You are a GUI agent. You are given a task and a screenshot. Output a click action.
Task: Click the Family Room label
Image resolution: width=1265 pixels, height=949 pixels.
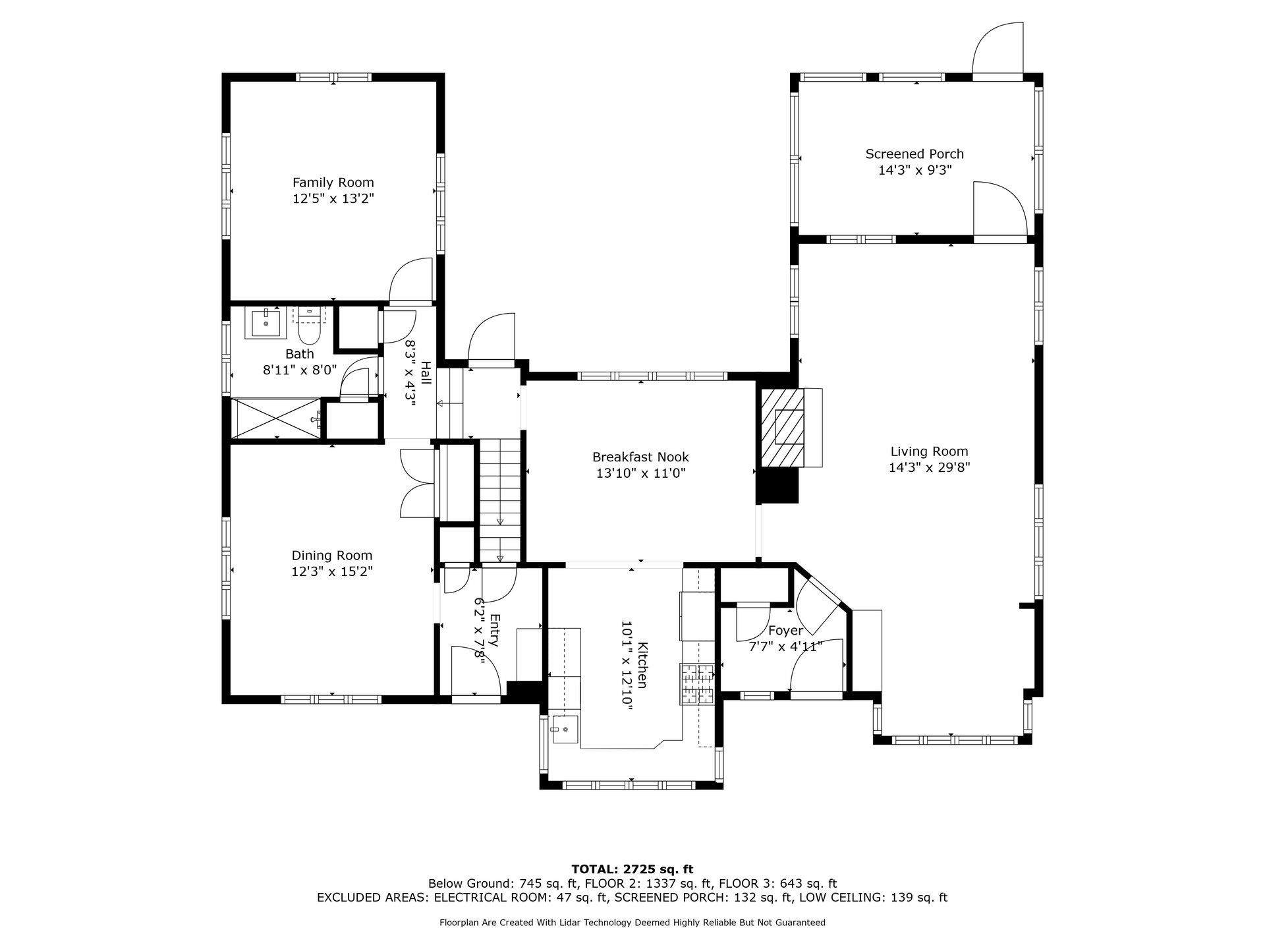(x=333, y=183)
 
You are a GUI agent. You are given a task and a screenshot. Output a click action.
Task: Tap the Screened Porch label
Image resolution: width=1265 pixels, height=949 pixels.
(x=914, y=154)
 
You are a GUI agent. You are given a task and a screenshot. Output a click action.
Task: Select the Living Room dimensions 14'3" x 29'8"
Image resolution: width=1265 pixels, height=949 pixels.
(x=929, y=467)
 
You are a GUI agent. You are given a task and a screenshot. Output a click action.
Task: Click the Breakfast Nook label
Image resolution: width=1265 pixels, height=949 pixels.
(x=640, y=457)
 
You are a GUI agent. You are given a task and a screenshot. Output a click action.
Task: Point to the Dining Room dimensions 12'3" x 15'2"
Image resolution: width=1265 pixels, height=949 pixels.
(x=332, y=571)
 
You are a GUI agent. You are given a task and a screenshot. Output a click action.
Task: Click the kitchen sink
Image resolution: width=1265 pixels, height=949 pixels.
(x=565, y=730)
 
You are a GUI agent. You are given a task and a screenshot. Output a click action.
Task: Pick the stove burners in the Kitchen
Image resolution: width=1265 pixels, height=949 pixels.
(x=697, y=684)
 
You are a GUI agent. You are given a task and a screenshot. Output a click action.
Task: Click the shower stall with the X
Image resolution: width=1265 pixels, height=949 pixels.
(x=277, y=417)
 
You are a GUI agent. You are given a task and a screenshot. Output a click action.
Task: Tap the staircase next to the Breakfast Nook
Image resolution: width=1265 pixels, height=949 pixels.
(x=500, y=501)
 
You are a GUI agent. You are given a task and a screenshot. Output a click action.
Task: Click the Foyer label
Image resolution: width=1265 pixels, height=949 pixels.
(x=785, y=631)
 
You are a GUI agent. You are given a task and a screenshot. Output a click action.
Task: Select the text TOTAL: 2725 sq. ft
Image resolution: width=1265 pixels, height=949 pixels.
(x=632, y=869)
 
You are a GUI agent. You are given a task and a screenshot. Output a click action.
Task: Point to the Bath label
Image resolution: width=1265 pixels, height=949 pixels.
(x=300, y=354)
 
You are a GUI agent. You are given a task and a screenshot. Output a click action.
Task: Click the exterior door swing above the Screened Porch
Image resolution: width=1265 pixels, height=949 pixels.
(x=998, y=51)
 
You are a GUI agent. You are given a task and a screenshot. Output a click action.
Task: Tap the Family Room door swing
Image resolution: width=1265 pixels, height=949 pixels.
(x=410, y=281)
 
